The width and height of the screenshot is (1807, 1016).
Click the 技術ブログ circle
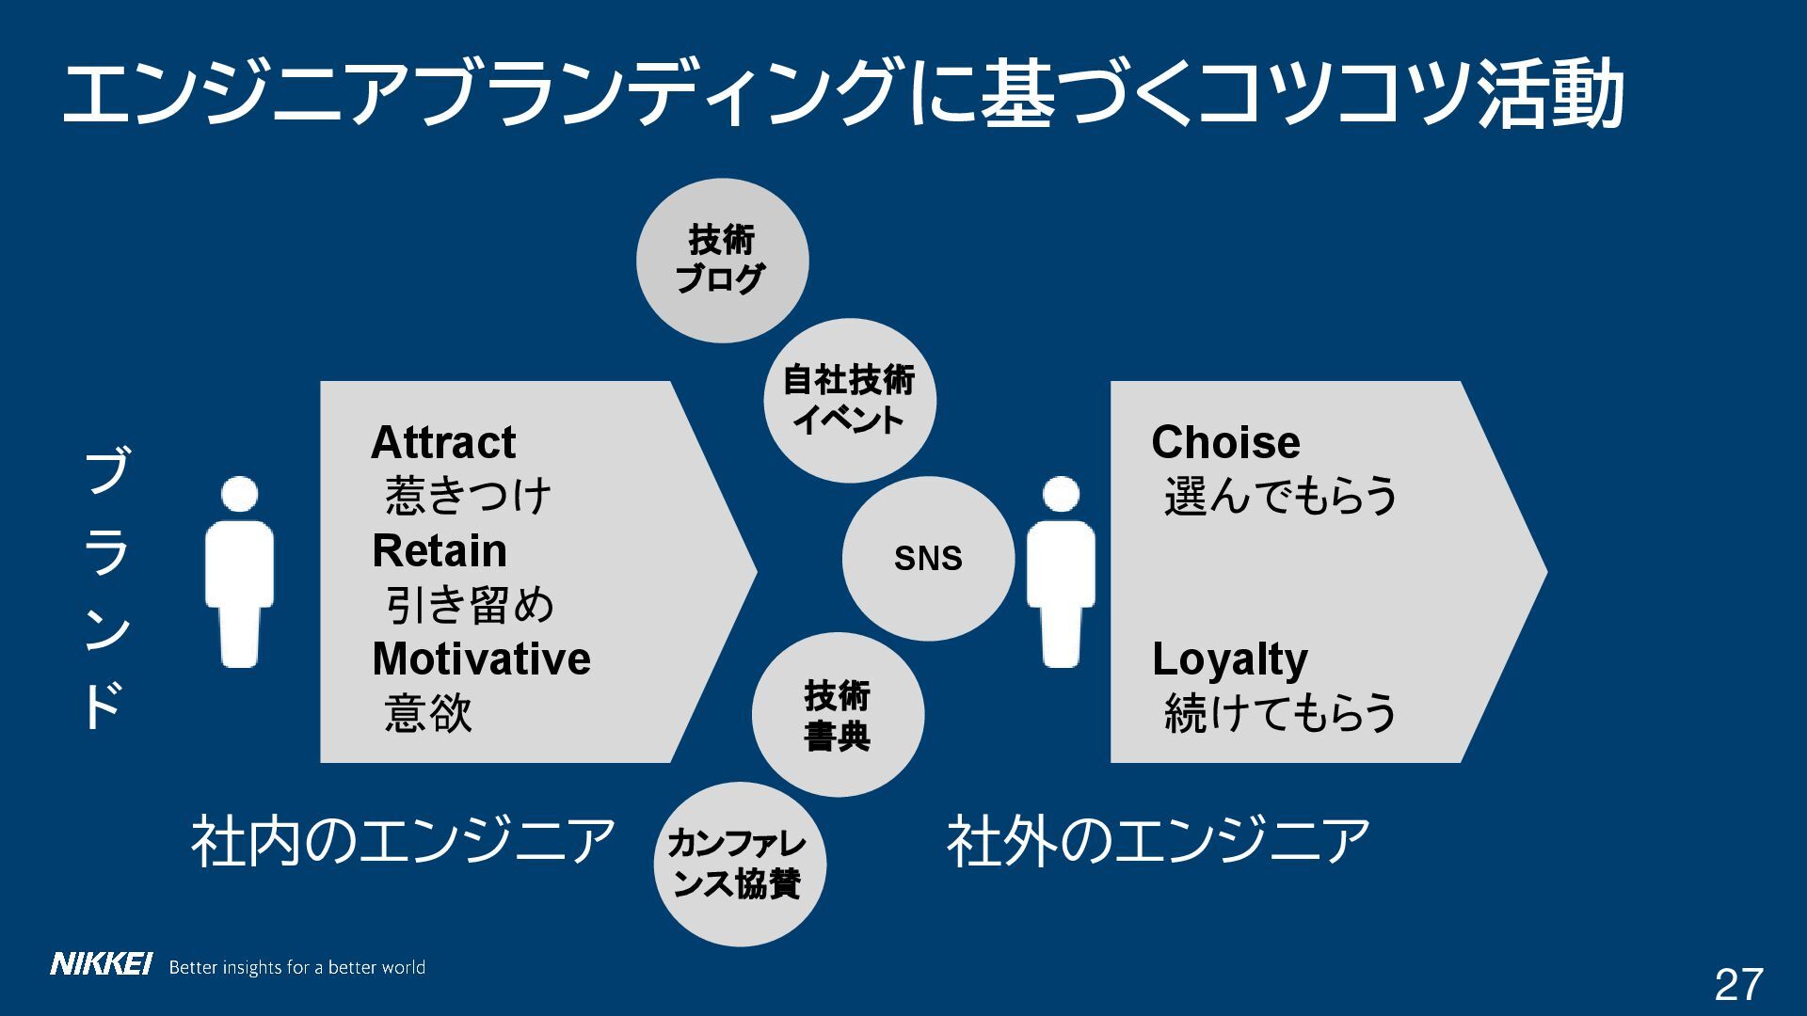(722, 261)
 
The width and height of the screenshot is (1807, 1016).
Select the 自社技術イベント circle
(849, 401)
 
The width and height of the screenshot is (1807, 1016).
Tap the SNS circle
(928, 558)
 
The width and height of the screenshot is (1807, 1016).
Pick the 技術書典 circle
(837, 716)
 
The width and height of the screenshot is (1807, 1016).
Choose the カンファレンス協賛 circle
(739, 865)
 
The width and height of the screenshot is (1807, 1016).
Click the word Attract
(443, 442)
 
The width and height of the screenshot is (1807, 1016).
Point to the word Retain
(440, 551)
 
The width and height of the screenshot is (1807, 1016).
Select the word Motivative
(481, 659)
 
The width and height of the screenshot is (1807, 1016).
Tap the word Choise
(1225, 442)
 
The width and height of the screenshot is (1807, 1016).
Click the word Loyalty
(1229, 659)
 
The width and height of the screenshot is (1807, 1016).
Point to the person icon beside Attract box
(240, 572)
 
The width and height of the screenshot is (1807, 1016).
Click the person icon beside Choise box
(1061, 572)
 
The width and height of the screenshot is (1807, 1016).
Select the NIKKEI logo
(101, 964)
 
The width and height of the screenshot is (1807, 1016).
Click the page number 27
(1737, 985)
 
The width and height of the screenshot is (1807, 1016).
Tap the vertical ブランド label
(105, 589)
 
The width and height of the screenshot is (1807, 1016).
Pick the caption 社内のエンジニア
(403, 841)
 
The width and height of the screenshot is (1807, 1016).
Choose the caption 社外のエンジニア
(1158, 841)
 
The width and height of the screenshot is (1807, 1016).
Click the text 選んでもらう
(1280, 497)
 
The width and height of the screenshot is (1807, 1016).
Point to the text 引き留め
(470, 605)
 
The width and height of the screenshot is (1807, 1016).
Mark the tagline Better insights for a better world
(296, 967)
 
